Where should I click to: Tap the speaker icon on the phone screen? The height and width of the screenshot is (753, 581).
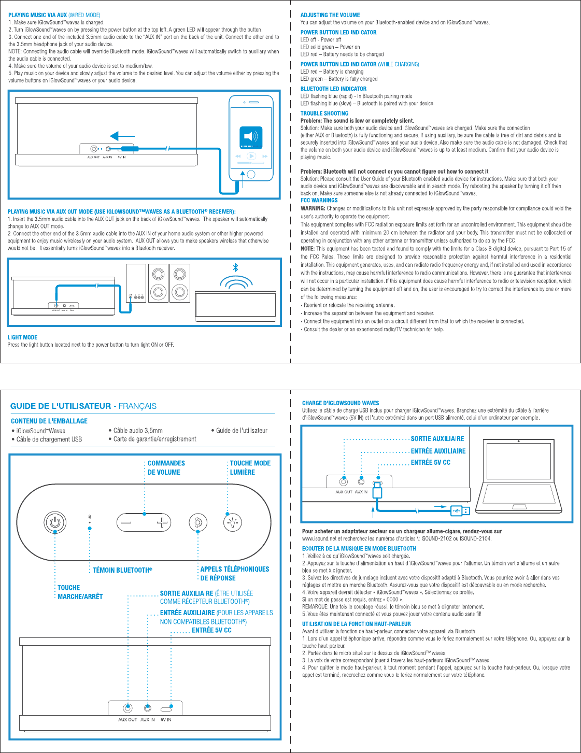click(251, 136)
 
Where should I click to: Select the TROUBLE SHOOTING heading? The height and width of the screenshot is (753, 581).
click(324, 113)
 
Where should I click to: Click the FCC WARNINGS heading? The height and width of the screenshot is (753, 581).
click(319, 200)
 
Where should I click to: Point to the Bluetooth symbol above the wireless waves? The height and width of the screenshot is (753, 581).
click(235, 267)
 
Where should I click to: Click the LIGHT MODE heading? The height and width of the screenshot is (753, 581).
click(22, 337)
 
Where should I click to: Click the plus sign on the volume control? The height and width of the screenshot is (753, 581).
click(162, 522)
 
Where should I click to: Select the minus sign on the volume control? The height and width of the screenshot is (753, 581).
click(126, 522)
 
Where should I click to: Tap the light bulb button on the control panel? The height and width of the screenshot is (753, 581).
click(233, 522)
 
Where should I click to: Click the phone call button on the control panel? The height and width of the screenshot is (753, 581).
click(198, 523)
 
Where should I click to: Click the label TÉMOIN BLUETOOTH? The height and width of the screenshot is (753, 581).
click(122, 570)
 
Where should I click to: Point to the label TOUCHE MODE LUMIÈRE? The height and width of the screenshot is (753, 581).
click(250, 467)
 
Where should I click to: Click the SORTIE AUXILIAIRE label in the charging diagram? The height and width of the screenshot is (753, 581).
click(437, 438)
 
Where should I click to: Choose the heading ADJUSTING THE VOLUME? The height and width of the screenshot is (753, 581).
click(330, 15)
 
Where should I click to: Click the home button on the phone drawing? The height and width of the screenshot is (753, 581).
click(251, 174)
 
